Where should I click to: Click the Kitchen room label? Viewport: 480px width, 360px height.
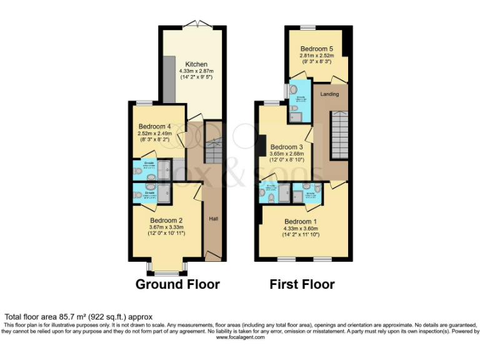click(x=196, y=64)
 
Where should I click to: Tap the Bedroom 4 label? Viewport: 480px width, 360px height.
click(x=154, y=127)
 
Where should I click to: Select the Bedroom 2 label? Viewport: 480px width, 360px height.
click(x=166, y=220)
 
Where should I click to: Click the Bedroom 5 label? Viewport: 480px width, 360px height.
click(x=316, y=48)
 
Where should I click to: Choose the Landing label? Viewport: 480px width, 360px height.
click(x=329, y=94)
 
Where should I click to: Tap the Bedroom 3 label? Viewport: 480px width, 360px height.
click(x=286, y=147)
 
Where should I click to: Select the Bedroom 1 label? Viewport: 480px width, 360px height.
click(x=301, y=222)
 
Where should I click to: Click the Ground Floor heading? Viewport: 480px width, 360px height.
click(x=177, y=284)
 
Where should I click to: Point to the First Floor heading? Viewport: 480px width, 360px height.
click(x=302, y=284)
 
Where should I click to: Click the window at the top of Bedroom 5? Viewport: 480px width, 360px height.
click(x=307, y=27)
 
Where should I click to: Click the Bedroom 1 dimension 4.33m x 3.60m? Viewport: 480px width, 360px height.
click(x=301, y=229)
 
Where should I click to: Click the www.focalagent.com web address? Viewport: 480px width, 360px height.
click(x=240, y=337)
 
